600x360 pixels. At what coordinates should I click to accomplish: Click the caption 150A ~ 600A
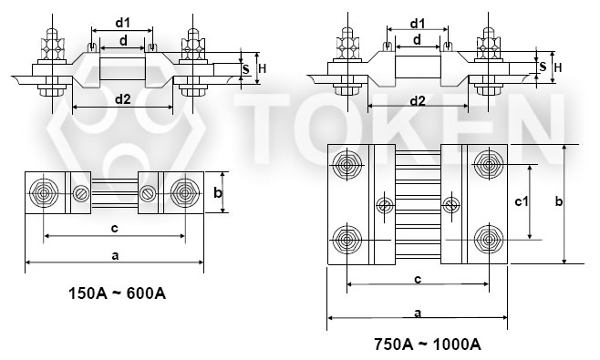(x=116, y=293)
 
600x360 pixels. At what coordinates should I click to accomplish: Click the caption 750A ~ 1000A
(x=426, y=345)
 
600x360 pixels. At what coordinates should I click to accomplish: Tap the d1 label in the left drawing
(x=123, y=22)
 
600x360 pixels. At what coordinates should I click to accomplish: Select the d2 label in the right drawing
(x=418, y=100)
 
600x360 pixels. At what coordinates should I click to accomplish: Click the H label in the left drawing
(x=261, y=67)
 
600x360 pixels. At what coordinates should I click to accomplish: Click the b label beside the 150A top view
(x=217, y=192)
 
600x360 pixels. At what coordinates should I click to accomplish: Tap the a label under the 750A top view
(x=417, y=313)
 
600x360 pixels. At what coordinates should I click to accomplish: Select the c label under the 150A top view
(x=113, y=228)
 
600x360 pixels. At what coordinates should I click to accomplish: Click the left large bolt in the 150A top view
(x=44, y=193)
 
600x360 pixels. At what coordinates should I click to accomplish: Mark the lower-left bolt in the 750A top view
(x=347, y=241)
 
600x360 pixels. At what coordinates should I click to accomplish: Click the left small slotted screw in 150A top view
(x=82, y=193)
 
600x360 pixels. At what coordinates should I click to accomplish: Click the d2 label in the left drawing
(x=122, y=100)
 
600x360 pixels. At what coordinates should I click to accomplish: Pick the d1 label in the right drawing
(x=418, y=22)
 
